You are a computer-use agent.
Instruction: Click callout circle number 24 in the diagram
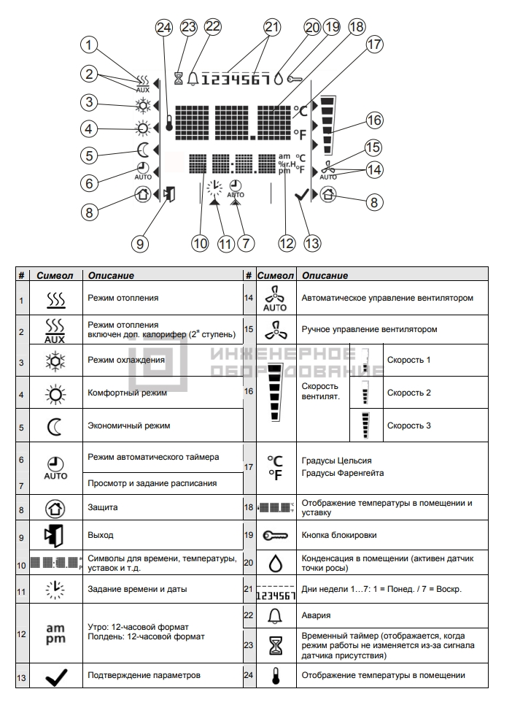click(164, 28)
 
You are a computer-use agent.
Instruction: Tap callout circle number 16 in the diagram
click(375, 120)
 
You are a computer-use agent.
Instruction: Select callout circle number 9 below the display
click(140, 243)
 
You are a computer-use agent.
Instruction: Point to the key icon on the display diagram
click(294, 80)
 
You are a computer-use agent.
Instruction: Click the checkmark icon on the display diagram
click(301, 195)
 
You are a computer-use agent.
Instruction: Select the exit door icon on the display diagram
click(168, 194)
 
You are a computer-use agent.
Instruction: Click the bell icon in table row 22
click(276, 616)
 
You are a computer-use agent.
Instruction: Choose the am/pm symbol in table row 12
click(55, 633)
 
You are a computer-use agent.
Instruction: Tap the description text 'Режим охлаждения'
click(126, 360)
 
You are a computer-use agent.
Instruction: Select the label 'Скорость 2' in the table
click(409, 393)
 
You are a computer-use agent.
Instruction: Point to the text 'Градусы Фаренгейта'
click(343, 473)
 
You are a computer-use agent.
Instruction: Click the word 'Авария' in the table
click(316, 615)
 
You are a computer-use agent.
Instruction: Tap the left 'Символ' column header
click(55, 276)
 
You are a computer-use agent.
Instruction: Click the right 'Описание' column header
click(325, 276)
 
